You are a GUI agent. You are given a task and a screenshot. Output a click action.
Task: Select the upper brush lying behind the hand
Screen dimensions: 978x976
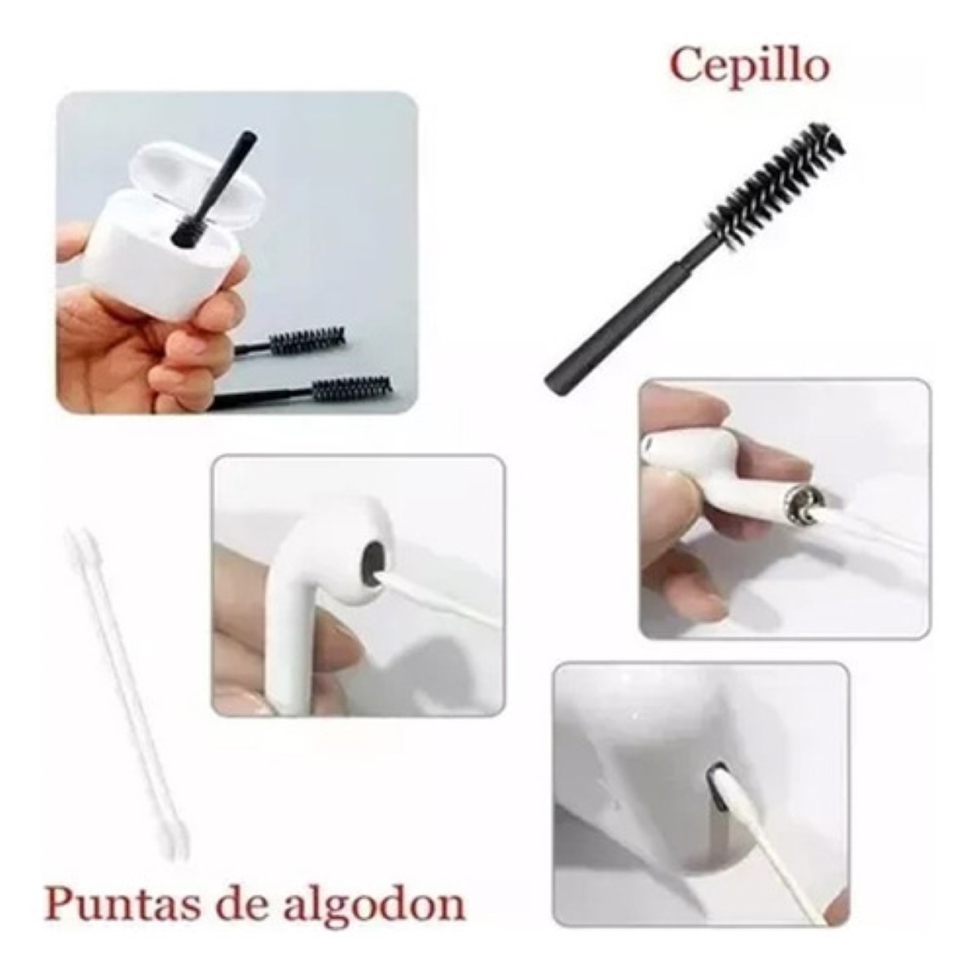click(291, 339)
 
